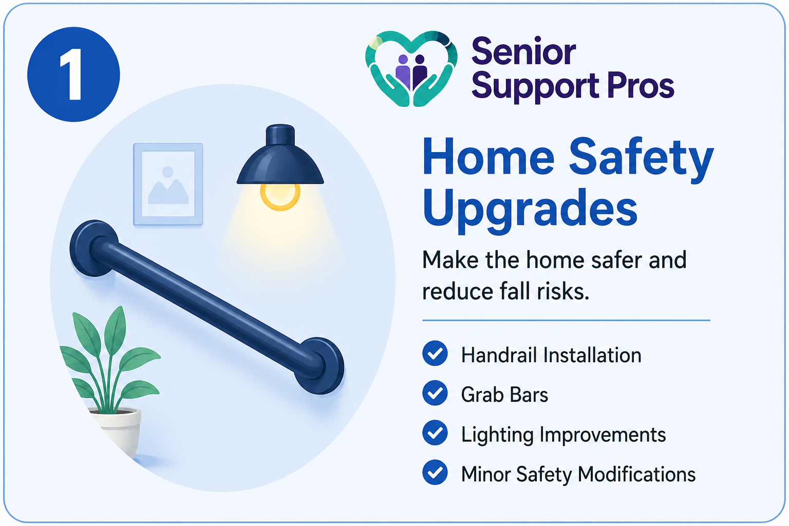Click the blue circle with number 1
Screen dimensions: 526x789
point(73,74)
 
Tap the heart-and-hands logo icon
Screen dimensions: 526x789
point(411,69)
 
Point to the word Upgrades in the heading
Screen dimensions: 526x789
point(530,209)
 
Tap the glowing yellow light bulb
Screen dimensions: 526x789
point(280,195)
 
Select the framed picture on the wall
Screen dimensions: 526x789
point(168,184)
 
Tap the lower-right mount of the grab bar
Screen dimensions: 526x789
point(321,365)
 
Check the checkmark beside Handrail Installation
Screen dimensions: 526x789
point(435,354)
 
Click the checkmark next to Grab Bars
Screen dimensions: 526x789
point(435,393)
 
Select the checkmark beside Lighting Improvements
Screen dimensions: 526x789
point(435,433)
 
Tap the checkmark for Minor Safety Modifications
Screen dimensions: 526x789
point(435,473)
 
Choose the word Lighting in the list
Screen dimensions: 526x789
point(497,435)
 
